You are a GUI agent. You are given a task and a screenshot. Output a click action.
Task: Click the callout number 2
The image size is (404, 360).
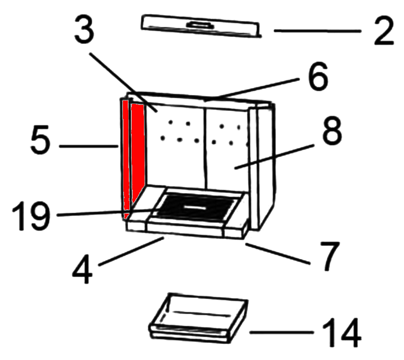click(x=384, y=30)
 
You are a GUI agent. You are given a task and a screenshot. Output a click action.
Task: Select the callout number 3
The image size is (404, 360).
click(x=84, y=28)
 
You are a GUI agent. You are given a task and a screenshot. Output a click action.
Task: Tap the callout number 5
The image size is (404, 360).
click(x=40, y=140)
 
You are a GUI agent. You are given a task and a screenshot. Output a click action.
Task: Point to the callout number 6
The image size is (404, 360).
click(x=318, y=76)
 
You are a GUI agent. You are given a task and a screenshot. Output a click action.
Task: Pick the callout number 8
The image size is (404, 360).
click(x=332, y=130)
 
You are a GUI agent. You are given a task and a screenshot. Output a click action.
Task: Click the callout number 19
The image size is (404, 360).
click(x=31, y=216)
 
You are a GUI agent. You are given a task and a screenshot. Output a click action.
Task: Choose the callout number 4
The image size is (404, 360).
click(x=82, y=269)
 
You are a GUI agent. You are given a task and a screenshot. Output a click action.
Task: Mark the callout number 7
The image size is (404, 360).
click(x=330, y=256)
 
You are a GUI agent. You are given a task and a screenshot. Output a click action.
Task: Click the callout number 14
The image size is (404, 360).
click(x=342, y=333)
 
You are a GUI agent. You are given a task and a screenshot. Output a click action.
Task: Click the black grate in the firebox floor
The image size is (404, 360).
click(x=196, y=207)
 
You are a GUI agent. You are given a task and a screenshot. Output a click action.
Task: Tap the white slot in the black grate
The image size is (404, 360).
click(x=193, y=207)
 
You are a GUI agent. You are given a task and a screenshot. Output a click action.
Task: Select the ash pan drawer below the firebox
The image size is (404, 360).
click(x=199, y=318)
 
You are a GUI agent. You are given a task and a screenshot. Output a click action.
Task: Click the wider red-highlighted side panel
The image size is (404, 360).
click(x=138, y=152)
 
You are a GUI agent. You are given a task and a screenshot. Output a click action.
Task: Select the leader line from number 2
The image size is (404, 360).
click(x=317, y=31)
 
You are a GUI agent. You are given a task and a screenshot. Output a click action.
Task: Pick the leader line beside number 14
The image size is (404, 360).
click(x=282, y=333)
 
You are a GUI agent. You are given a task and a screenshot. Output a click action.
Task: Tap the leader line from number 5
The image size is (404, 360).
click(x=89, y=146)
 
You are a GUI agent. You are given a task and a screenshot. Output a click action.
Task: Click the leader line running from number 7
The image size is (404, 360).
click(x=278, y=254)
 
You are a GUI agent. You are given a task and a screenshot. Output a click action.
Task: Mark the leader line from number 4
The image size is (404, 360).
click(x=131, y=252)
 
